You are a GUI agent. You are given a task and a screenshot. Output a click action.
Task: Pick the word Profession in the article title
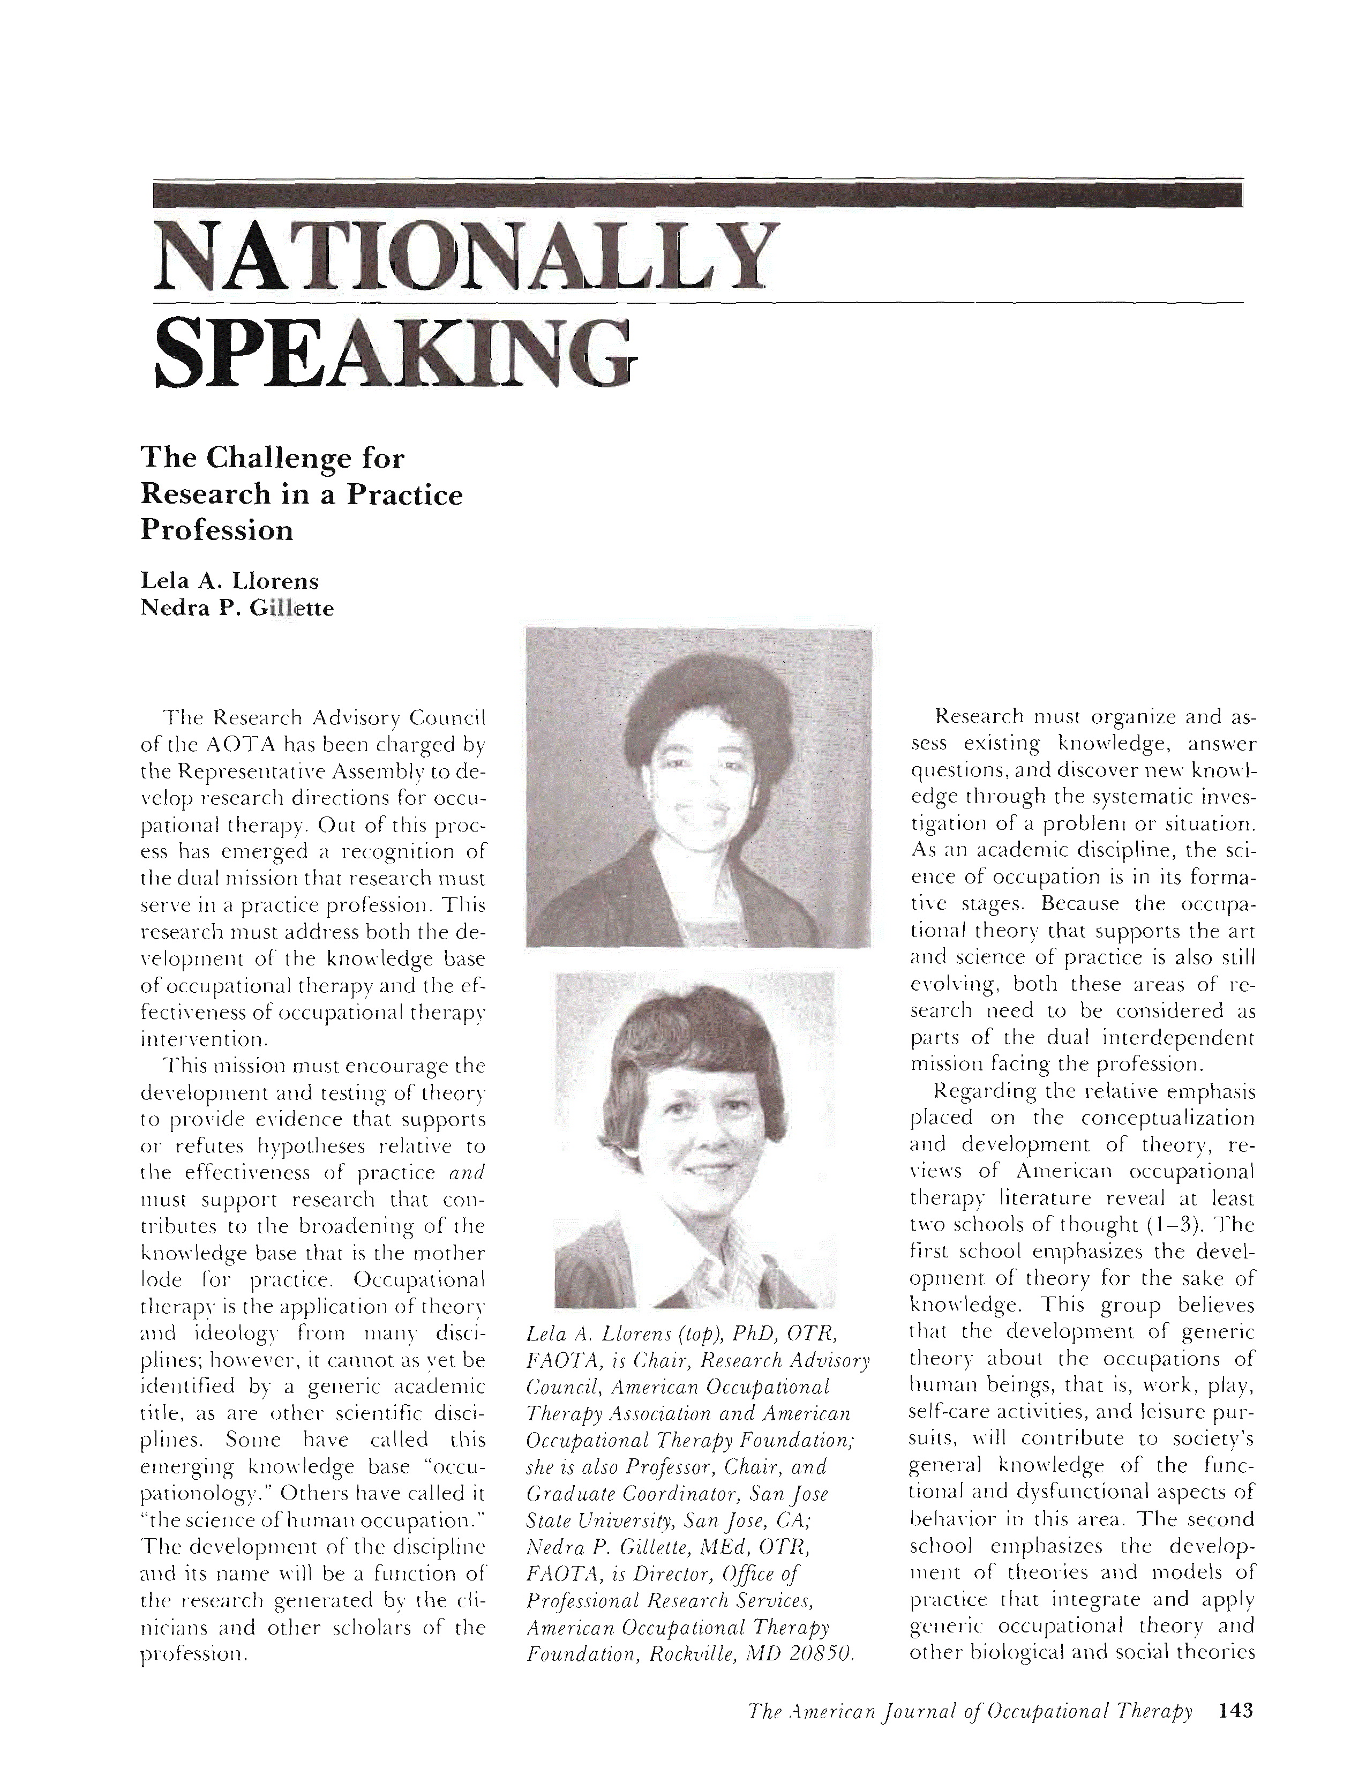217,530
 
